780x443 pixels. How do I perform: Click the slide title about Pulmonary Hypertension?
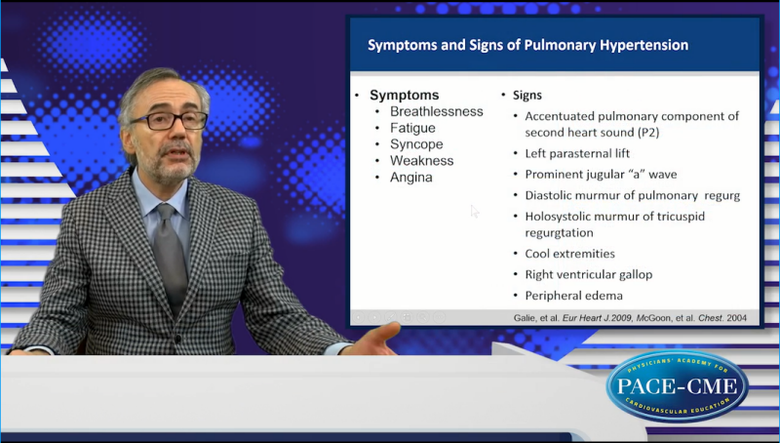pos(527,45)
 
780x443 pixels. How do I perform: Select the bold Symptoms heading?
pos(404,95)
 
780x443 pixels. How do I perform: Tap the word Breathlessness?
pos(436,111)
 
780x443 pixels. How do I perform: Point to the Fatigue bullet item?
pos(413,128)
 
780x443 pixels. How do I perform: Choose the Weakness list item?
pos(421,161)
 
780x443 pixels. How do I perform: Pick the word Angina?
pos(410,178)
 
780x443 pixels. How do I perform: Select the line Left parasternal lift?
pos(577,153)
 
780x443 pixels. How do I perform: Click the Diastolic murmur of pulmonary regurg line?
pos(632,195)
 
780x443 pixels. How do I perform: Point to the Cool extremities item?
pos(569,254)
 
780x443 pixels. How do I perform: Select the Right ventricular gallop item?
pos(588,274)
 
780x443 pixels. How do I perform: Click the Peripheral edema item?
pos(573,296)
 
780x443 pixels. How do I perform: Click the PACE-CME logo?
pos(677,385)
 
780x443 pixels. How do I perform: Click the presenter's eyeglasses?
pos(168,121)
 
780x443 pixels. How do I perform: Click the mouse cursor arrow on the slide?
pos(475,211)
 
